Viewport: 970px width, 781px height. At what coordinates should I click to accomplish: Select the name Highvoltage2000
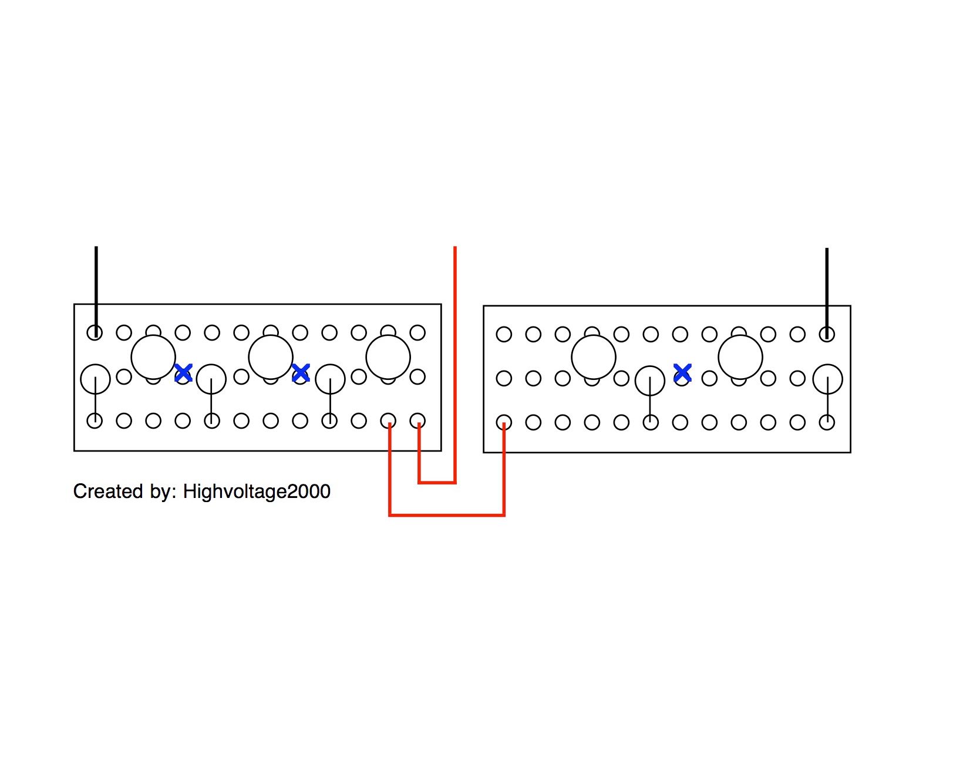coord(257,492)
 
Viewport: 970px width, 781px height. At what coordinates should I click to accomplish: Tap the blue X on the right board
coord(682,372)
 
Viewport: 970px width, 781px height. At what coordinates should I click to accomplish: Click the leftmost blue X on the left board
coord(183,372)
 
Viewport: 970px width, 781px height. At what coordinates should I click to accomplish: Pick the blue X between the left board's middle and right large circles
coord(301,372)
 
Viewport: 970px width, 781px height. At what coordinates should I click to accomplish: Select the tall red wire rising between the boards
coord(455,364)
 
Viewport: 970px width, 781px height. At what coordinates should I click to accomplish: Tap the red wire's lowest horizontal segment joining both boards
coord(447,515)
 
